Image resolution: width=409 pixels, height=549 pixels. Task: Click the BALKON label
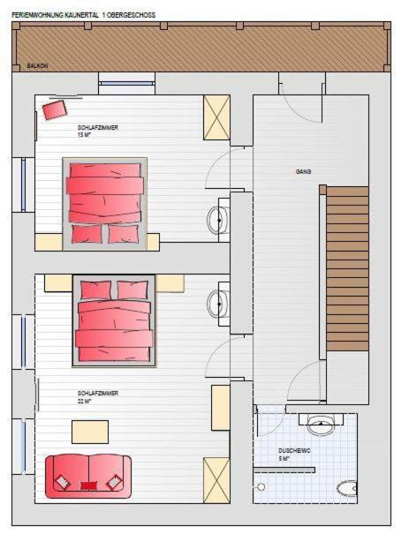tap(37, 65)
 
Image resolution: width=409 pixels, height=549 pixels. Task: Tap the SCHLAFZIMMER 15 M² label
tap(97, 132)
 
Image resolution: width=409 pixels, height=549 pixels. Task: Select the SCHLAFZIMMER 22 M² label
tap(97, 396)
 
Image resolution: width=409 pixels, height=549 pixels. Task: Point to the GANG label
tap(303, 171)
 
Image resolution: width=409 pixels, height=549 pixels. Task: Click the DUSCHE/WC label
tap(294, 454)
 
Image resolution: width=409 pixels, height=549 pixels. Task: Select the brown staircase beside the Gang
tap(346, 268)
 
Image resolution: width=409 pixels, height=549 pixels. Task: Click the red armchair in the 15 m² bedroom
tap(54, 109)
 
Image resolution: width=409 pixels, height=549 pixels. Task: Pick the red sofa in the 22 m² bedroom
tap(87, 478)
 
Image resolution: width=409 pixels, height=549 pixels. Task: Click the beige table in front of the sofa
tap(90, 432)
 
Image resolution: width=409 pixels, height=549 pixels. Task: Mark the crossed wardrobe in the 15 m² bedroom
tap(216, 117)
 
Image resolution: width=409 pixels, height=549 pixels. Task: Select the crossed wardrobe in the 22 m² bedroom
tap(216, 479)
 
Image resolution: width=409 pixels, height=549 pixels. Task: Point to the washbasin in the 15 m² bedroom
tap(217, 221)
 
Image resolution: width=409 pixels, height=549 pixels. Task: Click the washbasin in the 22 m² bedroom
tap(217, 304)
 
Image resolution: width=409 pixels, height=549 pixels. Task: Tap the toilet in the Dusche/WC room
tap(346, 488)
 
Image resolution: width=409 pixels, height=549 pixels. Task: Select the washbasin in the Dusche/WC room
tap(320, 427)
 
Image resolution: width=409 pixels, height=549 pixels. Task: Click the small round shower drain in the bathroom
tap(260, 486)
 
